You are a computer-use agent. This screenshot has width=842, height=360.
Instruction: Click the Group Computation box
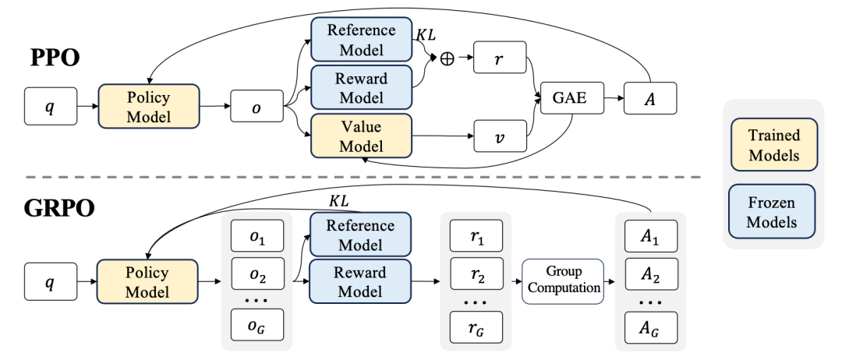point(562,281)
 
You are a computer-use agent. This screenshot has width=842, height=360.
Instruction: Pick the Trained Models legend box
point(773,145)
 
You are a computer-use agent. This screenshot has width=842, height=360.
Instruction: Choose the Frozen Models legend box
point(773,212)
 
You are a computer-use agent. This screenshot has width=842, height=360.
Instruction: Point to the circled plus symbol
point(447,58)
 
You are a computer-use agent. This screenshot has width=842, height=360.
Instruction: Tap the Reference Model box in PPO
point(360,40)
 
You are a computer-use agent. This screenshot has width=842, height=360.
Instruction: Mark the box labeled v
point(500,137)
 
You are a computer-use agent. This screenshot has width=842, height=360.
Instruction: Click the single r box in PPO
point(500,59)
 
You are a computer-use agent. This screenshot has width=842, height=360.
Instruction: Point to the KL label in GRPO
point(338,201)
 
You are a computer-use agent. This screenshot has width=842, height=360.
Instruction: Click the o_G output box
point(257,326)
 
